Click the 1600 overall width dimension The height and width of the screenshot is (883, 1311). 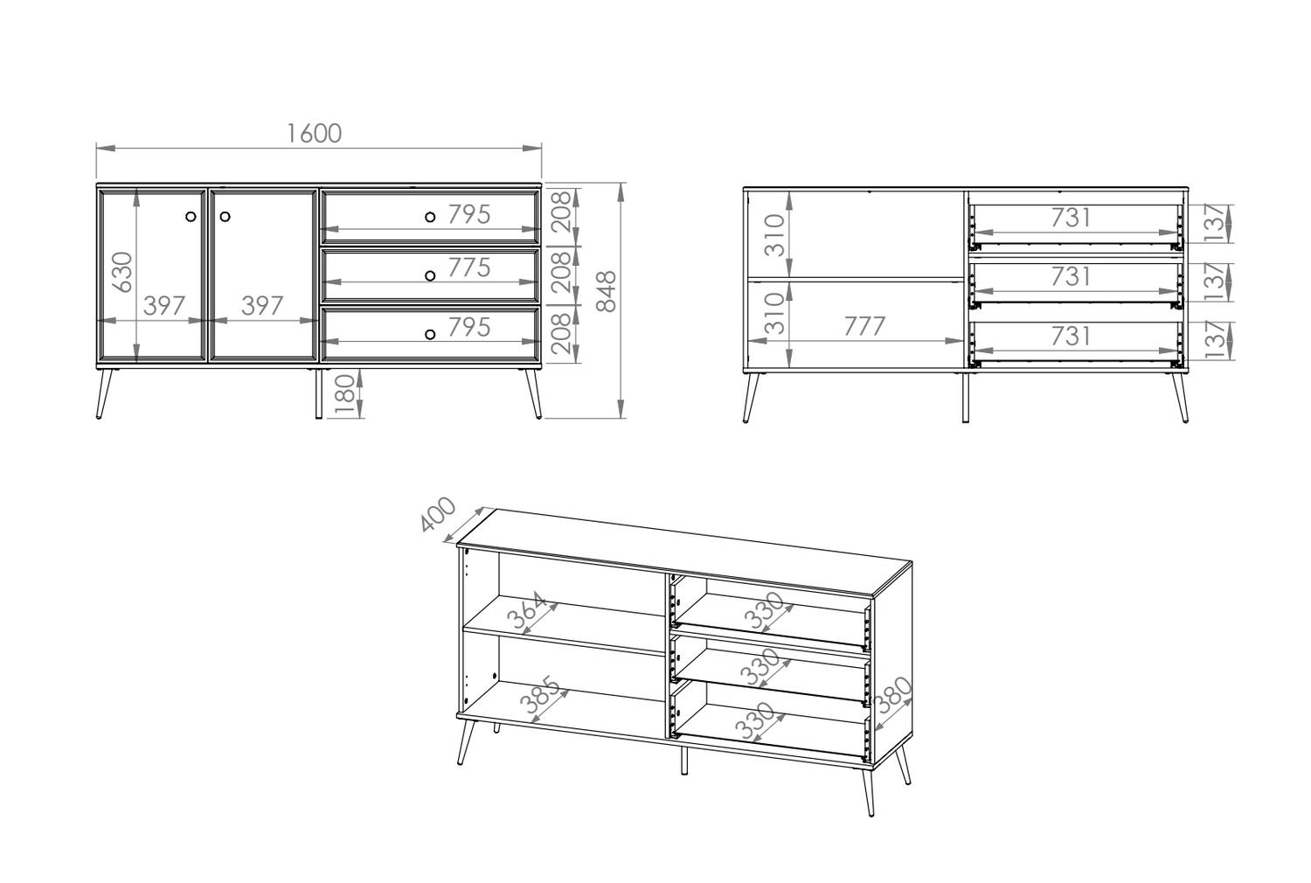pos(315,134)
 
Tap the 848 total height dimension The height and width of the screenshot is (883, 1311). pos(606,292)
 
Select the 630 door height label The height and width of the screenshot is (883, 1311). pos(123,272)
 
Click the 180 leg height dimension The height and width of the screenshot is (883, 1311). pos(345,396)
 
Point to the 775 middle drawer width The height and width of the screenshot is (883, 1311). pos(468,268)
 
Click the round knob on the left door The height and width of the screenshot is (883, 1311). pos(191,217)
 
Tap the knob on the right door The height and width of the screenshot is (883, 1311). pos(225,217)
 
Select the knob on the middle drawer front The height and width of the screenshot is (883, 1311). pos(430,275)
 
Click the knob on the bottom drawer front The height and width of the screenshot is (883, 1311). pos(430,334)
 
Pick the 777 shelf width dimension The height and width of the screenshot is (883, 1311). pos(864,326)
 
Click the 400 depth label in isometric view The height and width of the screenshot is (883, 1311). pos(438,514)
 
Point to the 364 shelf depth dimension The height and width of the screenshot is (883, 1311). pos(526,611)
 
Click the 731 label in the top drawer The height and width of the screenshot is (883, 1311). pos(1071,218)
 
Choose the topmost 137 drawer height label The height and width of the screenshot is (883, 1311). pos(1215,223)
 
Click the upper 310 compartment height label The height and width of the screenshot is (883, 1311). pos(774,235)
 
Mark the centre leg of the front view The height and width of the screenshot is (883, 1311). pos(318,393)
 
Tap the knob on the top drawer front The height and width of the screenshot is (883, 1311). pos(430,217)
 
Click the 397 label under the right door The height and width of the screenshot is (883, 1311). pos(262,306)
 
